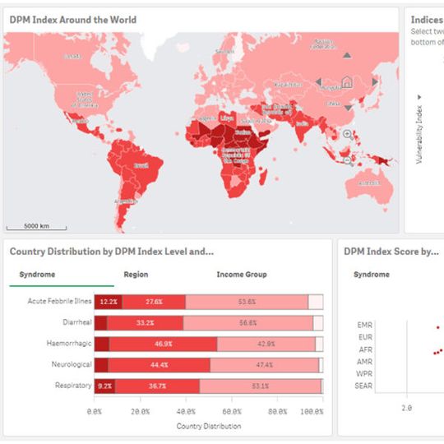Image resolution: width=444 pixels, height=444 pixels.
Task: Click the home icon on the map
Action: point(347,81)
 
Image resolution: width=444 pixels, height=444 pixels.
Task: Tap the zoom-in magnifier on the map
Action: point(347,135)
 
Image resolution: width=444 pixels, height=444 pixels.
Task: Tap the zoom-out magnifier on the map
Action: point(347,161)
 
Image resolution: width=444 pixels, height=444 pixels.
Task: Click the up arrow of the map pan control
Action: point(347,56)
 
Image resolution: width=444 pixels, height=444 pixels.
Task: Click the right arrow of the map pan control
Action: point(374,81)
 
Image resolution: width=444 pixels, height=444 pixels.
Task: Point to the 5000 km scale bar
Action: point(37,226)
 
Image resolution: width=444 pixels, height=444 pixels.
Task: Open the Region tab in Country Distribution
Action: point(136,275)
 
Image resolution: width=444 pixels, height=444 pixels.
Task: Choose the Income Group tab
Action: point(242,275)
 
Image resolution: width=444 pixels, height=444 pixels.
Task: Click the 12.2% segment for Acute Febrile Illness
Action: point(108,302)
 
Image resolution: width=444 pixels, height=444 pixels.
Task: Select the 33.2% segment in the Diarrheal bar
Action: point(146,323)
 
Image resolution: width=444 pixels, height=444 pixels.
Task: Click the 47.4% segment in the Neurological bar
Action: point(264,364)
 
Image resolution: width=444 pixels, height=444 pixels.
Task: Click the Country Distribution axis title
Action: point(209,426)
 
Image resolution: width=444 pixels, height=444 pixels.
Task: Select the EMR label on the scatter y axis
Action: point(366,325)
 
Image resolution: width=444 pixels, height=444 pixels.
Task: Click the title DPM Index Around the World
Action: point(73,19)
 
